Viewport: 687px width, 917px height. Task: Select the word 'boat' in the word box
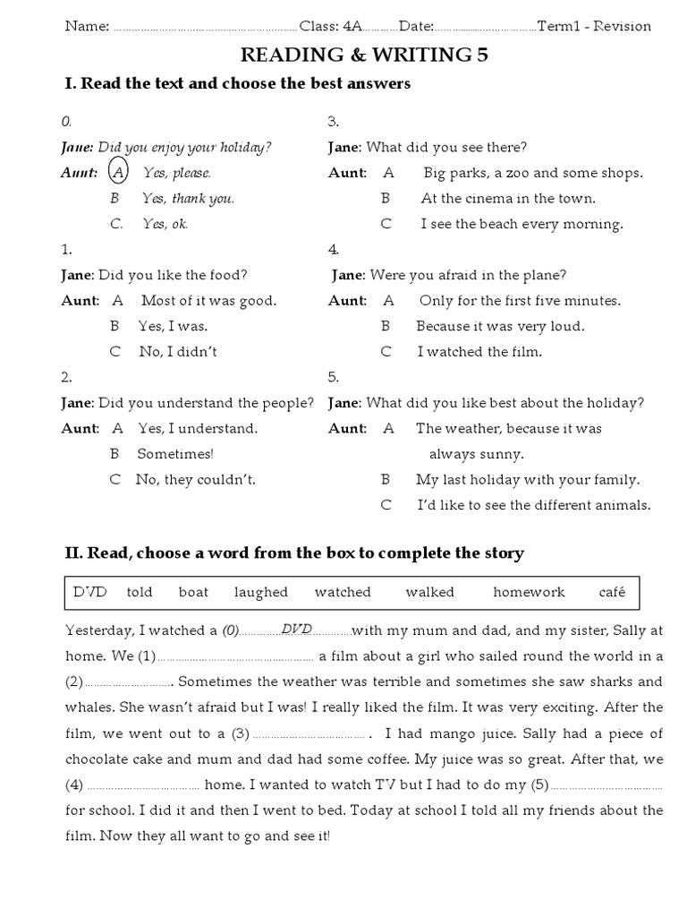193,592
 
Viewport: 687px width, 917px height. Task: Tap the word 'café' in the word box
613,592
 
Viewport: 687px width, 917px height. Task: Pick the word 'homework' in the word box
529,592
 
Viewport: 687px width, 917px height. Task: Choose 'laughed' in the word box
261,592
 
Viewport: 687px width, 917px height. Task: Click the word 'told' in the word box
140,592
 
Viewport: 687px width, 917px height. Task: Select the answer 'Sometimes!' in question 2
175,454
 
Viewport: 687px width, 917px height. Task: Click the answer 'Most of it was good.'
208,301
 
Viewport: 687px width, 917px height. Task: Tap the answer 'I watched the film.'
479,352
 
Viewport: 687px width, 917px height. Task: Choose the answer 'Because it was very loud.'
500,326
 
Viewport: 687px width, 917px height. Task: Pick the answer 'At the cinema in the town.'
508,199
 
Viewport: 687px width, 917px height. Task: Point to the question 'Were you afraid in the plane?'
468,275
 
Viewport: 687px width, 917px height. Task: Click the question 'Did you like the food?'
173,275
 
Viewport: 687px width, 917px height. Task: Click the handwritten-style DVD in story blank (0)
297,630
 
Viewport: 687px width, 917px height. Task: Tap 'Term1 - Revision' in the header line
594,26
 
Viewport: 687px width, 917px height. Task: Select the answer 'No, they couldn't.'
196,480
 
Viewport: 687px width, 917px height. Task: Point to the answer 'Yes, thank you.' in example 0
188,199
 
